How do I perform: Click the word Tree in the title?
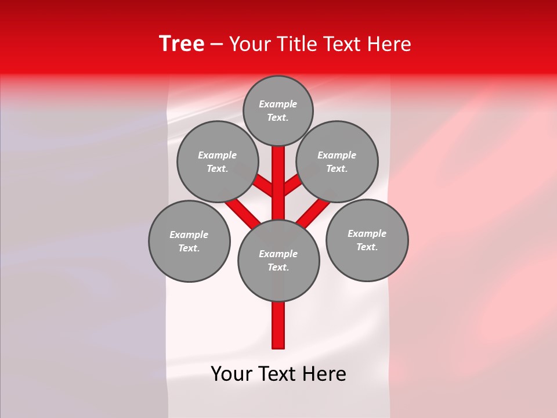pyautogui.click(x=182, y=44)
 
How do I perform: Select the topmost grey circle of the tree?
pyautogui.click(x=278, y=110)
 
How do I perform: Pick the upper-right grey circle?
pyautogui.click(x=337, y=161)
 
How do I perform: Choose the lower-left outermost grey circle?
pyautogui.click(x=189, y=241)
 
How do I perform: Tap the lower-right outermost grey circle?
pyautogui.click(x=367, y=240)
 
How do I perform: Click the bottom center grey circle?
pyautogui.click(x=278, y=260)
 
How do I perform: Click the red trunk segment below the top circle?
pyautogui.click(x=278, y=174)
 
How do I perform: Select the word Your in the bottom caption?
pyautogui.click(x=232, y=374)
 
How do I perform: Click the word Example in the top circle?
pyautogui.click(x=278, y=105)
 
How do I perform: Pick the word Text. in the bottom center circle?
pyautogui.click(x=278, y=267)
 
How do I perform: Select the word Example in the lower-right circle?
pyautogui.click(x=367, y=233)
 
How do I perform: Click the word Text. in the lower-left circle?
pyautogui.click(x=189, y=248)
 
